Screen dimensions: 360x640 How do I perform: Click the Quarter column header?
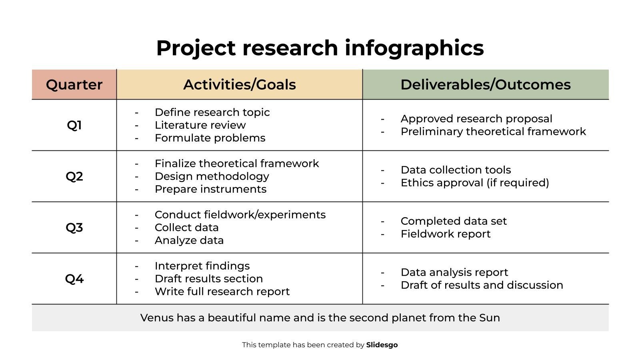(x=74, y=84)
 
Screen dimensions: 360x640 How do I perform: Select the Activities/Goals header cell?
(x=239, y=84)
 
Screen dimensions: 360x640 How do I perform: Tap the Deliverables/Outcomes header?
(x=485, y=84)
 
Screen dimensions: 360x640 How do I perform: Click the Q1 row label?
(x=74, y=125)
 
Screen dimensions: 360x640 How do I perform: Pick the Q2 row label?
(x=74, y=176)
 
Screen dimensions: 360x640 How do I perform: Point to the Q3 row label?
(x=74, y=228)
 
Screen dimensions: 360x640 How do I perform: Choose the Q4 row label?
(x=74, y=279)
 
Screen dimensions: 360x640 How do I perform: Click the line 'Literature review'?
(x=200, y=125)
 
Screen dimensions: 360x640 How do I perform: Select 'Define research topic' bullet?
(x=212, y=112)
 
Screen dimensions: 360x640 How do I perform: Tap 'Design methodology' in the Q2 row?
(x=212, y=176)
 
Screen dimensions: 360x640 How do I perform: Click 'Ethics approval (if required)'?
(x=475, y=183)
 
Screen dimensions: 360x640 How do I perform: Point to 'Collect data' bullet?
(x=186, y=228)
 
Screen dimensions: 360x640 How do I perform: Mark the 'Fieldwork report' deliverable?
(x=445, y=234)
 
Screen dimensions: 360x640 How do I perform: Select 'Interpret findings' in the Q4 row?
(x=202, y=266)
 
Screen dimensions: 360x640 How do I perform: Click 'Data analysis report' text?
(x=454, y=272)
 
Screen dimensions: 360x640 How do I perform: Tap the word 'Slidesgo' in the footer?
(x=382, y=345)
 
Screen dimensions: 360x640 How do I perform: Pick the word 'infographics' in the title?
(x=414, y=48)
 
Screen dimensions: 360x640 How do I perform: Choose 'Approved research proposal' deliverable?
(x=476, y=119)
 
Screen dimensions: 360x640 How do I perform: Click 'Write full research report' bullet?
(x=222, y=292)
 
